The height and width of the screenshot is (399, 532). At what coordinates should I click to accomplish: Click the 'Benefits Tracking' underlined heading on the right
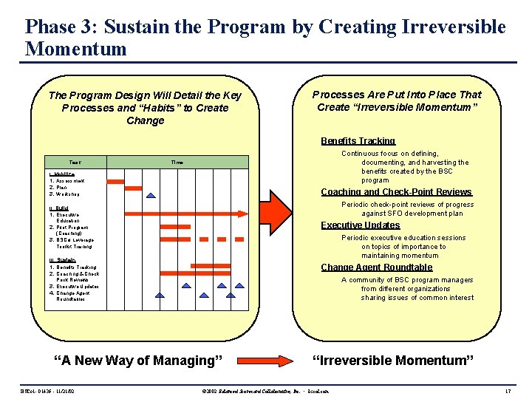358,141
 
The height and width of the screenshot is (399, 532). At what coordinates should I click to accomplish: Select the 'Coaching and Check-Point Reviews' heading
395,192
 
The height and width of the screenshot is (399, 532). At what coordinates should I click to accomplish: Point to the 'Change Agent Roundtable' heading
376,267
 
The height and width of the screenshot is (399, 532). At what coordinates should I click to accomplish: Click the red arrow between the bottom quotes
269,360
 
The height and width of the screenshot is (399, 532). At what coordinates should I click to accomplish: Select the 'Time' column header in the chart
177,162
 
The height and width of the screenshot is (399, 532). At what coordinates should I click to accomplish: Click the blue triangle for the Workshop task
151,195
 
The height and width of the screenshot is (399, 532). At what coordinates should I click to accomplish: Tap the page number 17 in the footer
507,389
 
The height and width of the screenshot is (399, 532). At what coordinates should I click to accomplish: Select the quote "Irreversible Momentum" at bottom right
392,361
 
